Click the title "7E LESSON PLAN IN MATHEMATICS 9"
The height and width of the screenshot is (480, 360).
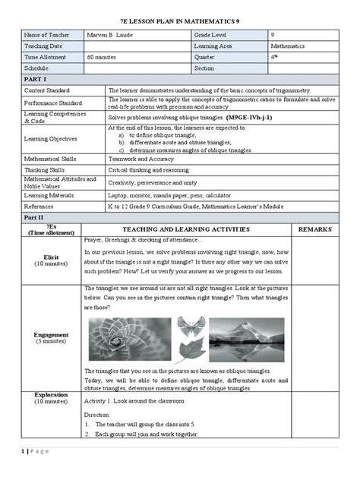pos(180,17)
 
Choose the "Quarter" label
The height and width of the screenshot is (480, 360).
pos(205,57)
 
